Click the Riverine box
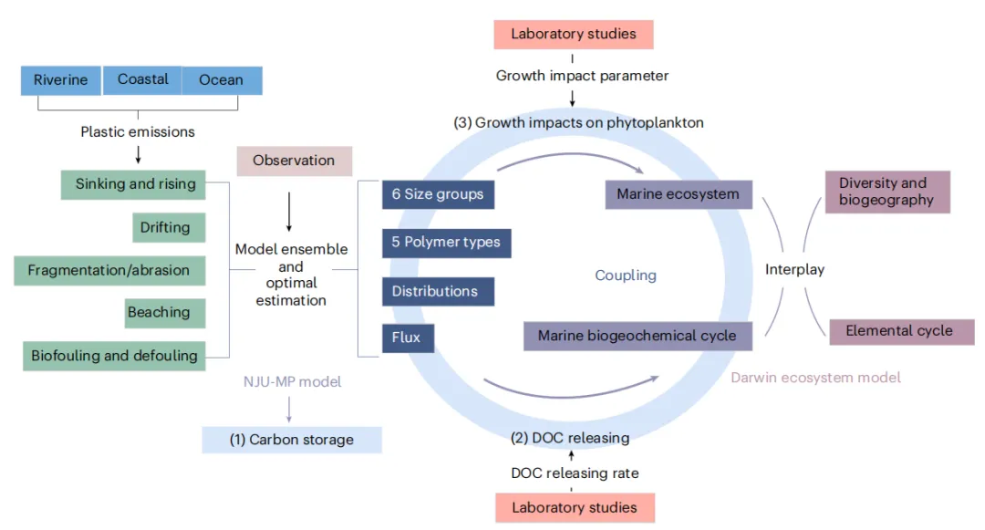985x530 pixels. pyautogui.click(x=61, y=80)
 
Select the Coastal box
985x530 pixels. pyautogui.click(x=142, y=79)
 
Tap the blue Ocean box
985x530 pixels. pyautogui.click(x=222, y=80)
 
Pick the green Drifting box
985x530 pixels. pyautogui.click(x=167, y=227)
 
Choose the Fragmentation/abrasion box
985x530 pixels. pyautogui.click(x=109, y=270)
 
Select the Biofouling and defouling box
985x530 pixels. pyautogui.click(x=114, y=356)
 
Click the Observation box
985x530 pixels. pyautogui.click(x=294, y=161)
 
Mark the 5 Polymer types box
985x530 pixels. pyautogui.click(x=446, y=243)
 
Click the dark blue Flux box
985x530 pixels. pyautogui.click(x=407, y=338)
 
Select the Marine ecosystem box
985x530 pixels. pyautogui.click(x=679, y=194)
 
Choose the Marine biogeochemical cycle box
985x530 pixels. pyautogui.click(x=637, y=336)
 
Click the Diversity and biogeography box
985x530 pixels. pyautogui.click(x=887, y=192)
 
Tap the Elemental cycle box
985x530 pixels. pyautogui.click(x=900, y=331)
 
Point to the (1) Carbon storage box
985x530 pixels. pyautogui.click(x=291, y=440)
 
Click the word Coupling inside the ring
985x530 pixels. pyautogui.click(x=625, y=275)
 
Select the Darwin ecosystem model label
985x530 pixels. pyautogui.click(x=815, y=378)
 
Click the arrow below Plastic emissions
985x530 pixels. pyautogui.click(x=137, y=154)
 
